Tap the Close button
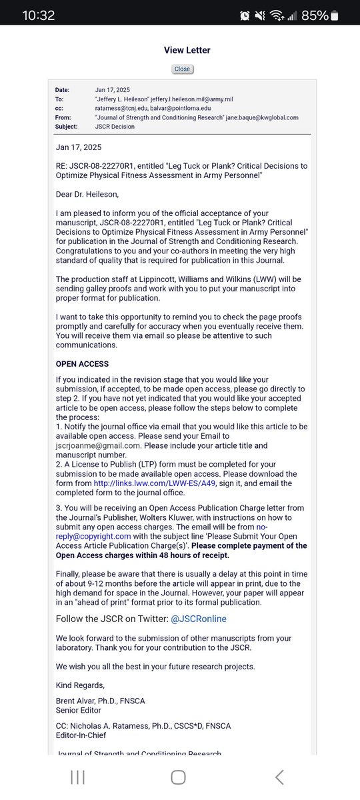click(x=181, y=69)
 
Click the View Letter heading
click(x=187, y=50)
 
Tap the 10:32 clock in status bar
click(x=38, y=15)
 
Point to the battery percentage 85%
click(x=315, y=15)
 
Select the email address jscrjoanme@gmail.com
click(x=97, y=446)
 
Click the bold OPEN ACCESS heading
click(x=82, y=364)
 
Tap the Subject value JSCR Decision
click(x=115, y=127)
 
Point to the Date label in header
click(x=63, y=89)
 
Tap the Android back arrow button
click(x=279, y=777)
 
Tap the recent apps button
click(x=77, y=777)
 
